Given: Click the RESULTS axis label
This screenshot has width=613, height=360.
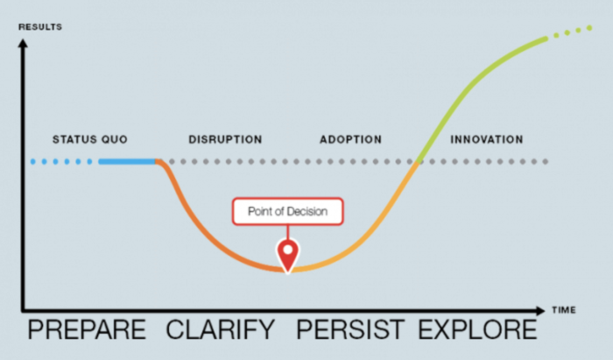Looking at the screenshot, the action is pyautogui.click(x=40, y=27).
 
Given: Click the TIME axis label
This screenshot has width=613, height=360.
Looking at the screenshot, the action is pyautogui.click(x=564, y=310).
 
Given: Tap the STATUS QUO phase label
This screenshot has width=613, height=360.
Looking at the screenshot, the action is pyautogui.click(x=90, y=139).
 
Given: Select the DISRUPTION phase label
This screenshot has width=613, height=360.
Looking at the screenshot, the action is pyautogui.click(x=225, y=139).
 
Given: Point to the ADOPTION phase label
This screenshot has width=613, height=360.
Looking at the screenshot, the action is pyautogui.click(x=350, y=139).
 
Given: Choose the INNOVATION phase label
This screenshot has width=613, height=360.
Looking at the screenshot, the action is pyautogui.click(x=487, y=139).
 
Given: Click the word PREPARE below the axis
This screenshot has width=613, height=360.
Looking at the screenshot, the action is pyautogui.click(x=87, y=329).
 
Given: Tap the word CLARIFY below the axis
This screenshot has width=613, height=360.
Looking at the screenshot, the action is pyautogui.click(x=221, y=329).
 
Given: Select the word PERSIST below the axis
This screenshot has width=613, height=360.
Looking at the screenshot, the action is pyautogui.click(x=350, y=329).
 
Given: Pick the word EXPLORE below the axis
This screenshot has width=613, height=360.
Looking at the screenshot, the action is pyautogui.click(x=478, y=329).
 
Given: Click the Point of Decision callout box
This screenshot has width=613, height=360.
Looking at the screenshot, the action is pyautogui.click(x=288, y=211).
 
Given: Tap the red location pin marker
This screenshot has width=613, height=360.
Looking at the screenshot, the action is pyautogui.click(x=288, y=256).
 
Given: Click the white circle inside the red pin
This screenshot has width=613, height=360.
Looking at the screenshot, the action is pyautogui.click(x=288, y=250).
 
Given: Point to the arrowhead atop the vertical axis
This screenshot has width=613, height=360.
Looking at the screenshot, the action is pyautogui.click(x=23, y=43).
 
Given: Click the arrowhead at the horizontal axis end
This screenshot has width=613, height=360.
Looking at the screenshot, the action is pyautogui.click(x=540, y=311).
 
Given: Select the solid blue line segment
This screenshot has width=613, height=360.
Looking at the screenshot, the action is pyautogui.click(x=128, y=161).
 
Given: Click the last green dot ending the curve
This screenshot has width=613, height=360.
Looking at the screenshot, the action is pyautogui.click(x=589, y=28).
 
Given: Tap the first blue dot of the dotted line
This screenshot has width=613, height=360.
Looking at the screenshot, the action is pyautogui.click(x=33, y=161).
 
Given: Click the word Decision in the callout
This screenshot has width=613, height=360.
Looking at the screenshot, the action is pyautogui.click(x=306, y=211).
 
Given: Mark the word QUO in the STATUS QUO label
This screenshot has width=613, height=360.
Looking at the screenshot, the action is pyautogui.click(x=115, y=139).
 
